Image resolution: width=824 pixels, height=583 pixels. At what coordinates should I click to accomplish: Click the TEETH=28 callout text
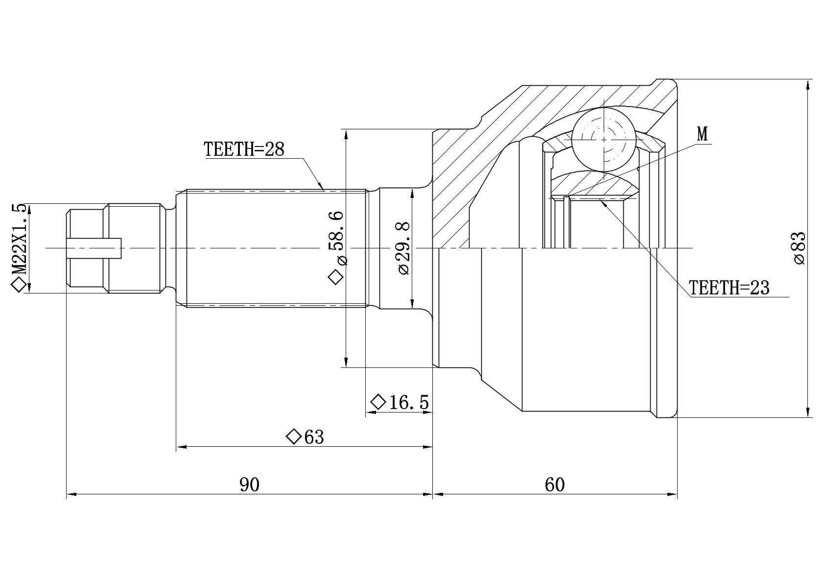244,149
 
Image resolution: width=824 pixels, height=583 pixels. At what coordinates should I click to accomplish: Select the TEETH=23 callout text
729,288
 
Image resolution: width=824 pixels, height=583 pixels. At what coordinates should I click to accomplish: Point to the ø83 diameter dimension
800,248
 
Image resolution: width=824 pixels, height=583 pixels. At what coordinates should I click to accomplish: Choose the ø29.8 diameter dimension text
403,248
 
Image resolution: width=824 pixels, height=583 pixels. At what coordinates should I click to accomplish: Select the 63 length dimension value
314,437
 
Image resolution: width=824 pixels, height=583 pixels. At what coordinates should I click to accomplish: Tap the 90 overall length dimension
249,485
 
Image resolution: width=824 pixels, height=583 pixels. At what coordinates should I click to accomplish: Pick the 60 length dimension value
554,485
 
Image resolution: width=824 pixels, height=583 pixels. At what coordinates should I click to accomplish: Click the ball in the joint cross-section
604,140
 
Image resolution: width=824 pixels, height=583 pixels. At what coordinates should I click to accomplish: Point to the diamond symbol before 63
294,437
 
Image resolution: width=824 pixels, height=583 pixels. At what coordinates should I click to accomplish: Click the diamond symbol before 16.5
378,402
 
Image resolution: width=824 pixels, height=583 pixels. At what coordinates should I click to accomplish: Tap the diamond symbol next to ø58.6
335,277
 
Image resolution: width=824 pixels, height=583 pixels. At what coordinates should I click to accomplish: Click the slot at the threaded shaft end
94,248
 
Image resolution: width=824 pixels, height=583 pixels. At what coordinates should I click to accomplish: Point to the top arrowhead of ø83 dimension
807,85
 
